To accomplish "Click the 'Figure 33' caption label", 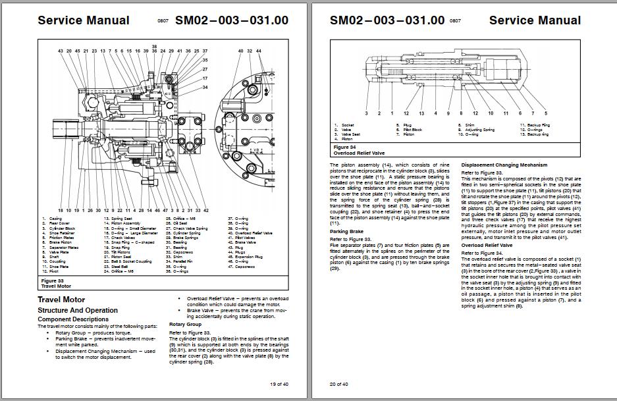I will click(51, 281).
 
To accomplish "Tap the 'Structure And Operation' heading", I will click(78, 310).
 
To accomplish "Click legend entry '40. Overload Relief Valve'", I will click(254, 234).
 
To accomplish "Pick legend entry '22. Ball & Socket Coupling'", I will click(124, 262).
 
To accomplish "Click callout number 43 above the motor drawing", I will click(60, 51).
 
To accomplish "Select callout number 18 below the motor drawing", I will click(60, 209).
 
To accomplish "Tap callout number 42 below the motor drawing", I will click(206, 209).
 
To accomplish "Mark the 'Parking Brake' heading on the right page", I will click(347, 232).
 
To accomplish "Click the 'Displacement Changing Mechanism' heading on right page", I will click(504, 165).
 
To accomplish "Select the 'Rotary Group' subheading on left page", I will click(186, 325).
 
